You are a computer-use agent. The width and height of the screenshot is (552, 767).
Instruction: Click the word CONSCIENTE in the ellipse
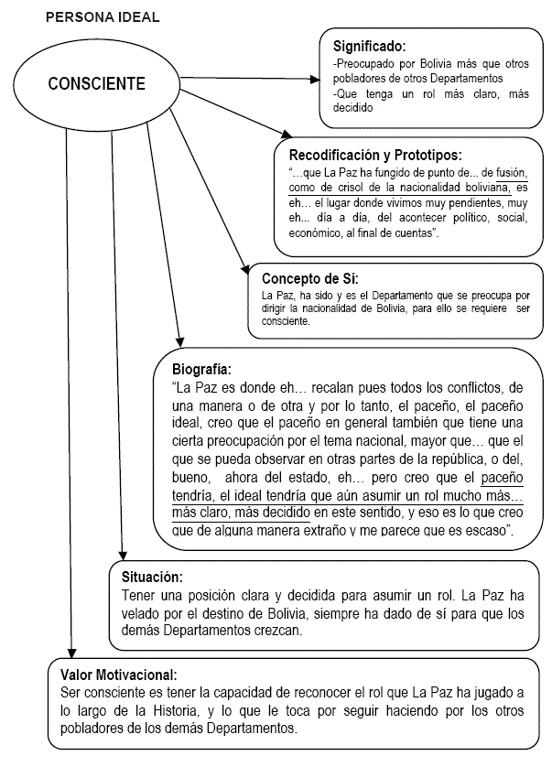tap(96, 84)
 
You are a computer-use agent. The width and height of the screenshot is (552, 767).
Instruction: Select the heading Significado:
tap(369, 45)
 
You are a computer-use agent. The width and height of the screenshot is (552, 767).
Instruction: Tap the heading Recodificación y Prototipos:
tap(375, 155)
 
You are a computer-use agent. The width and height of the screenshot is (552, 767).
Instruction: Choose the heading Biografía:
tap(201, 370)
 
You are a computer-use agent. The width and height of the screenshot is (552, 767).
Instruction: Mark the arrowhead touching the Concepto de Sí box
tap(244, 270)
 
